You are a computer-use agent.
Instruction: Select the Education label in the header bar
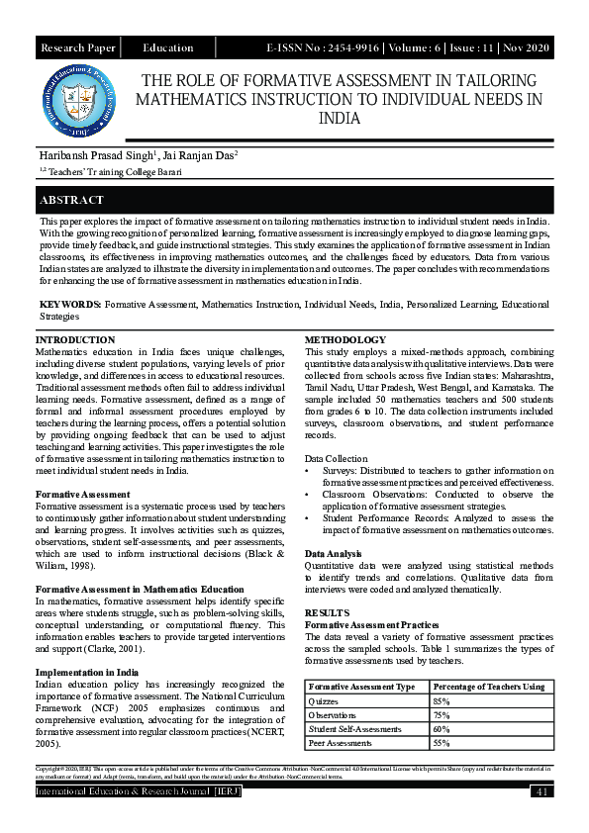point(168,47)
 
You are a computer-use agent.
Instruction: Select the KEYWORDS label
point(70,306)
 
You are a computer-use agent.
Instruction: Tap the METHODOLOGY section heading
point(345,340)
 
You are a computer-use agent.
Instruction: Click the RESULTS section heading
point(327,613)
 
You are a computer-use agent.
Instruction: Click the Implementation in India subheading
point(86,673)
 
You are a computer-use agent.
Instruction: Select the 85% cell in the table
point(442,700)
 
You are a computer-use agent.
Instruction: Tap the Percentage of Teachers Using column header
point(489,687)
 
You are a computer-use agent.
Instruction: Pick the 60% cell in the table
point(442,728)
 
